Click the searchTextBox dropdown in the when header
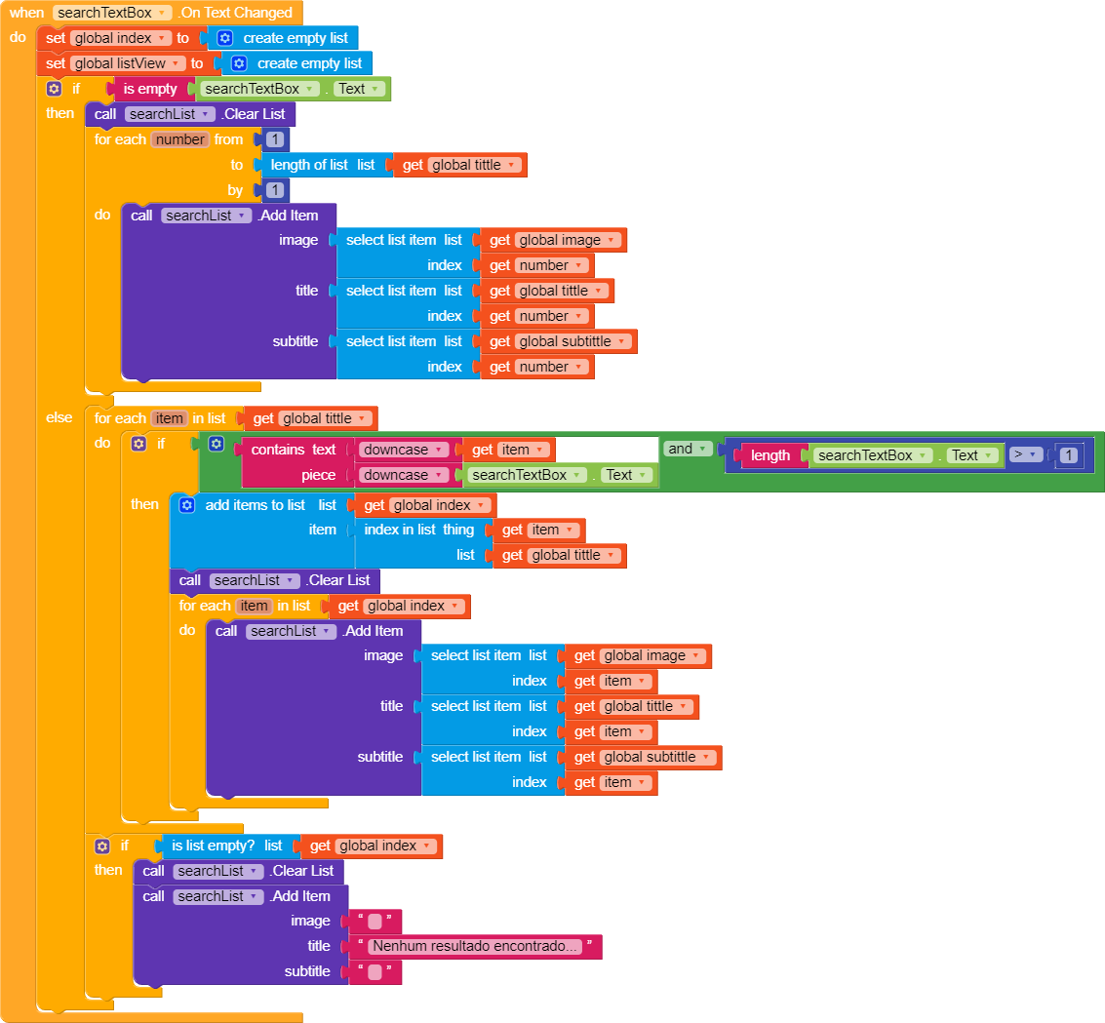tap(112, 13)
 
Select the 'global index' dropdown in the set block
tap(121, 38)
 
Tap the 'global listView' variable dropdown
tap(128, 63)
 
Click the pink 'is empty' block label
tap(150, 89)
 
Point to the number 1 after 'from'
tap(276, 139)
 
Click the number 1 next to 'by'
tap(276, 190)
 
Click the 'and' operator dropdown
tap(687, 449)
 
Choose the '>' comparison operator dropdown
tap(1025, 454)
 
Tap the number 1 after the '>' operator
tap(1069, 455)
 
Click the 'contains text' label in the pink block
tap(294, 450)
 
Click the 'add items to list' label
tap(256, 505)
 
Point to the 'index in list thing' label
tap(419, 530)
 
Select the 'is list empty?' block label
tap(214, 846)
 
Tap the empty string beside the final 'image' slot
tap(375, 921)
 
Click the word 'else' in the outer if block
tap(59, 417)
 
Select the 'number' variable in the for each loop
tap(180, 139)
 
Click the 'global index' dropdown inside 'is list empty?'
tap(385, 846)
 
